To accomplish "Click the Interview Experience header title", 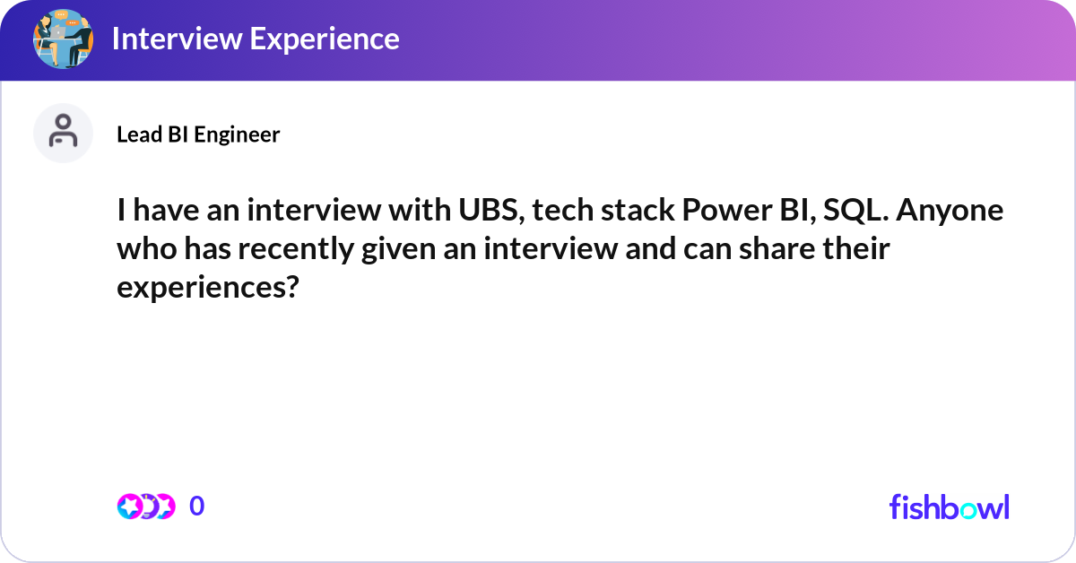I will click(x=256, y=39).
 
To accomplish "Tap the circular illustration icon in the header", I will click(x=63, y=39).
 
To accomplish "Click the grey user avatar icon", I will click(x=63, y=133).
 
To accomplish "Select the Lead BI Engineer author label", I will click(x=198, y=134).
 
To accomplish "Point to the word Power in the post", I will click(x=722, y=212).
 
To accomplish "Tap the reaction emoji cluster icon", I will click(x=145, y=507).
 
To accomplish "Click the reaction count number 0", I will click(x=197, y=507).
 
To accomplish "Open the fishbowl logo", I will click(x=949, y=507).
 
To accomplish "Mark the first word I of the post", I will click(x=121, y=212).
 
